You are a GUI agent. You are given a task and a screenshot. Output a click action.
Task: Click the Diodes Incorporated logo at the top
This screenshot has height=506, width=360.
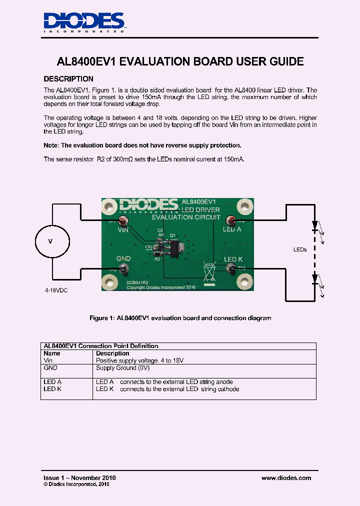[x=84, y=22]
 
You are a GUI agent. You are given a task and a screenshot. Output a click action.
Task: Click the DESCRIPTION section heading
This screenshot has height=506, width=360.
[x=68, y=79]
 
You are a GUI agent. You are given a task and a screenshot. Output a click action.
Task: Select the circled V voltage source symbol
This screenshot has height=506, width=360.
[x=50, y=241]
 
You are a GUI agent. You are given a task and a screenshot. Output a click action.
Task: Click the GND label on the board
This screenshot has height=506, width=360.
[x=123, y=258]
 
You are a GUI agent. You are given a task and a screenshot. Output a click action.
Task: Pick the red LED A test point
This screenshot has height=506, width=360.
[x=231, y=220]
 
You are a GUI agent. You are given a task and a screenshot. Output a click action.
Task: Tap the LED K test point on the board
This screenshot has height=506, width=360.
[x=231, y=269]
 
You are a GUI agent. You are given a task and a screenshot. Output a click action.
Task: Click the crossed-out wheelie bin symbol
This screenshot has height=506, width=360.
[x=208, y=271]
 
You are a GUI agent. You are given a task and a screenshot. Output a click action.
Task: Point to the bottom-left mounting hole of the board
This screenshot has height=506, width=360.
[x=110, y=283]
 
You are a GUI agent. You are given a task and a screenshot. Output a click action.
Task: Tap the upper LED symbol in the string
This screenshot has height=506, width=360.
[x=314, y=225]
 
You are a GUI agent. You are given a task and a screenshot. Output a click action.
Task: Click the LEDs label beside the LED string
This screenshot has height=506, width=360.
[x=300, y=249]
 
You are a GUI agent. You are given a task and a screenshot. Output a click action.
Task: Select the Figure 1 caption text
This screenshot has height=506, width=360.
[x=180, y=318]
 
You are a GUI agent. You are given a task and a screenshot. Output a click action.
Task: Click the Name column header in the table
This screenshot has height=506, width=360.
[x=52, y=353]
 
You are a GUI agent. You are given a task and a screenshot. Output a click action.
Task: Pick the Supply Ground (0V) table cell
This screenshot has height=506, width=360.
[x=123, y=368]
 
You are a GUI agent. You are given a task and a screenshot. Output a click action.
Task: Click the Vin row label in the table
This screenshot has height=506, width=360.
[x=48, y=360]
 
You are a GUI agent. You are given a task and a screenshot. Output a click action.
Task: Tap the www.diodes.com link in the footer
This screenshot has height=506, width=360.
[x=286, y=478]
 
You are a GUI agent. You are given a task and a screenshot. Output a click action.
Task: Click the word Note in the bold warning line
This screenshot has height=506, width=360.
[x=51, y=145]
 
